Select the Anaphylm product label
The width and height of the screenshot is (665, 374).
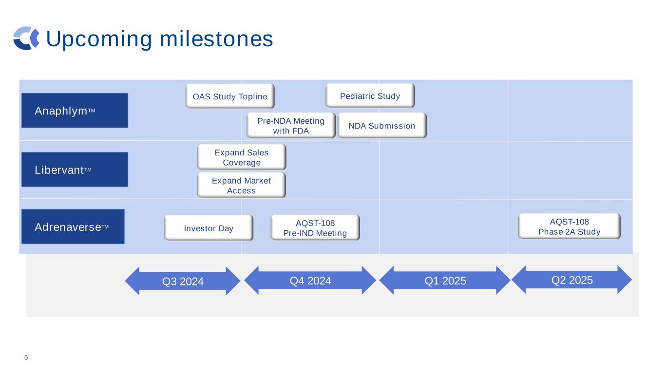[75, 111]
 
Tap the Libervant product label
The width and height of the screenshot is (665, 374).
[75, 170]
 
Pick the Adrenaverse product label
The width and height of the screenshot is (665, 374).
[73, 226]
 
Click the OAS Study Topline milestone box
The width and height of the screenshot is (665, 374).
[230, 96]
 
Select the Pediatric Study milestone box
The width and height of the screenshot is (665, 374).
[370, 95]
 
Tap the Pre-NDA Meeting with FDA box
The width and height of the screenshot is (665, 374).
[291, 125]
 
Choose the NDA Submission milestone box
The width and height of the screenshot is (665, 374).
[382, 126]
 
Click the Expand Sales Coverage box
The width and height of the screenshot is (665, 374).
[242, 157]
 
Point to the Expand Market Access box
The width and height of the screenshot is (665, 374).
[241, 185]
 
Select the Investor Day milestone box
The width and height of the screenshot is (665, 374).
[209, 228]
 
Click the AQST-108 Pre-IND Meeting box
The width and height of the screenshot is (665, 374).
[315, 227]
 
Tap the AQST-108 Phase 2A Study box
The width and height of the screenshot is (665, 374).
[569, 226]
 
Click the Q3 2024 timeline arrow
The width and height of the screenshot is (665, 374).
[183, 281]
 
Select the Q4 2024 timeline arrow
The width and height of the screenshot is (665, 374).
[310, 280]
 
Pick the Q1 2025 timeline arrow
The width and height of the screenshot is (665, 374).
[445, 280]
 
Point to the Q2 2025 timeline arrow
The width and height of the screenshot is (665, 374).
[572, 280]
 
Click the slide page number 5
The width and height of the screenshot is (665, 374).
[26, 358]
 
